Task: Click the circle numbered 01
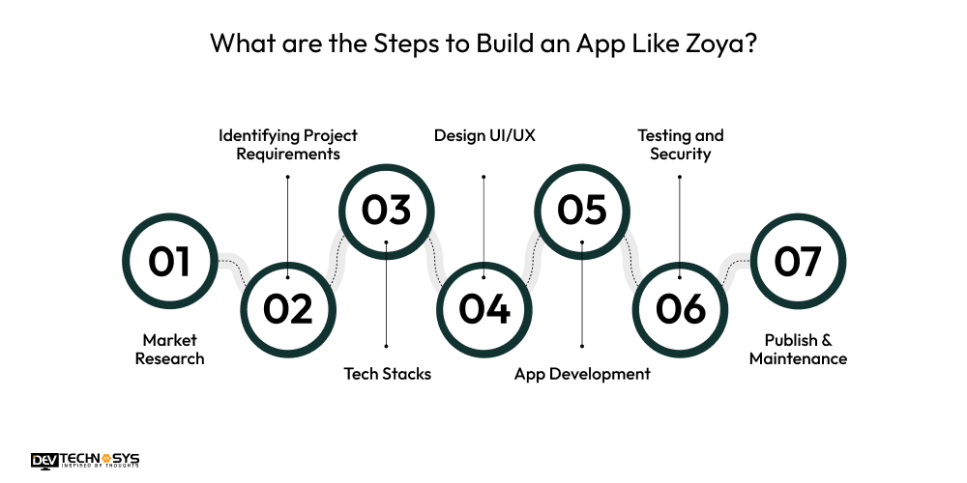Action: (x=170, y=261)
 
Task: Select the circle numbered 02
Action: (x=288, y=309)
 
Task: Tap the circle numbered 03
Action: (x=386, y=211)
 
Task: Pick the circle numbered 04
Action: (x=484, y=309)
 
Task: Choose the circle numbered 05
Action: (x=582, y=211)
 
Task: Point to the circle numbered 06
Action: (x=681, y=309)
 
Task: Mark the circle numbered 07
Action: (x=798, y=261)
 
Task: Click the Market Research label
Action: (x=170, y=350)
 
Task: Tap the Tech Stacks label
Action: (x=387, y=374)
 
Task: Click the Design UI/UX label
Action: (x=484, y=135)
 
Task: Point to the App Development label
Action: (x=582, y=374)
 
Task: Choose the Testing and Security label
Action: (x=681, y=144)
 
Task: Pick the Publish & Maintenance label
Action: (x=798, y=350)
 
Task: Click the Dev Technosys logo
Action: (x=84, y=461)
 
